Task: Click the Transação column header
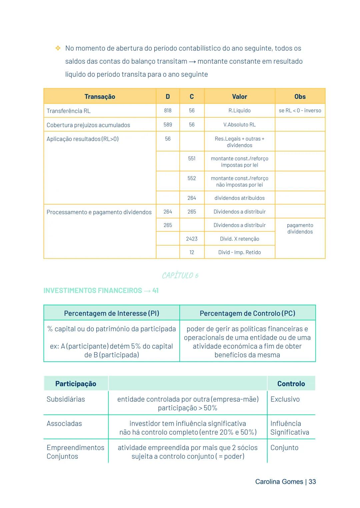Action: (x=100, y=97)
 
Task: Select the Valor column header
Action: (x=239, y=97)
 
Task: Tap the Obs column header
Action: (x=300, y=97)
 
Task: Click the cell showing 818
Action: (x=168, y=111)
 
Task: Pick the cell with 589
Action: (x=168, y=125)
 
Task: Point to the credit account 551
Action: (x=192, y=159)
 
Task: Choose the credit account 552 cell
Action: (x=192, y=178)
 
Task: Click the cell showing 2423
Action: (x=192, y=239)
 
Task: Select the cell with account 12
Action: (x=192, y=253)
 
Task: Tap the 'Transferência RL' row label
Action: (x=69, y=111)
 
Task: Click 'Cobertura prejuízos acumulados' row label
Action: (x=88, y=125)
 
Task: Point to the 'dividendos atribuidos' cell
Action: (x=239, y=198)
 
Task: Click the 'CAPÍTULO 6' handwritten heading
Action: (x=180, y=275)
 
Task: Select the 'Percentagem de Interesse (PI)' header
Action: (x=112, y=313)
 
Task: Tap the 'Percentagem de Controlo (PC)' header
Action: (x=247, y=313)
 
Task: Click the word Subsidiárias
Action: (x=66, y=399)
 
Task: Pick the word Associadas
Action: (x=64, y=423)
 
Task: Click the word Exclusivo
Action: (x=285, y=399)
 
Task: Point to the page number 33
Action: (x=312, y=482)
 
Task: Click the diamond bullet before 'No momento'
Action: (x=58, y=49)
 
